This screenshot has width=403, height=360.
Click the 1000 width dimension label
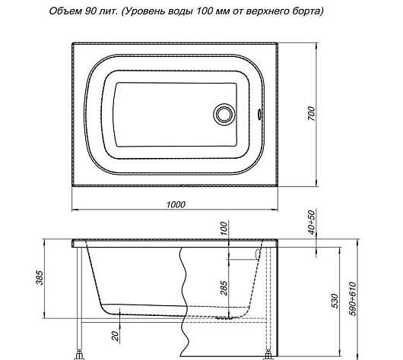[176, 204]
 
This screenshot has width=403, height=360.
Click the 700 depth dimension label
[311, 114]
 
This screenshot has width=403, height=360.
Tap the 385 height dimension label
[40, 277]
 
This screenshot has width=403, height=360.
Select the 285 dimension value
[224, 289]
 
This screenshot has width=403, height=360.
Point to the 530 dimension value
[335, 301]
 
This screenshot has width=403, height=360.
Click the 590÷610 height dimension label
[354, 299]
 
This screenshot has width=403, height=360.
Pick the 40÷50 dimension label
[311, 223]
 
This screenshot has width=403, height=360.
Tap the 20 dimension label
[116, 336]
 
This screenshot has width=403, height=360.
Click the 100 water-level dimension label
[224, 229]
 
